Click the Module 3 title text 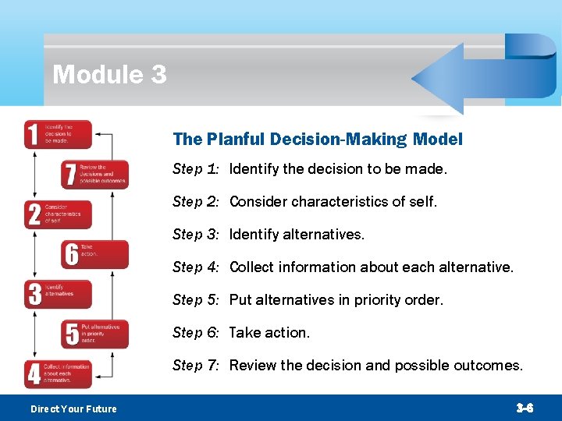(109, 75)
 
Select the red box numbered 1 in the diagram (58, 134)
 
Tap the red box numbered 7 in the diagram (94, 175)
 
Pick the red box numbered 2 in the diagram (58, 214)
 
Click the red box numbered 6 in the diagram (94, 254)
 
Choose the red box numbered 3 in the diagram (58, 294)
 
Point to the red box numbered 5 (94, 334)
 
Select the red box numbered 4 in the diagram (58, 373)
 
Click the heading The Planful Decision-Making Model (318, 140)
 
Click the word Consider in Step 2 (258, 202)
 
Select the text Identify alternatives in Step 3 (297, 235)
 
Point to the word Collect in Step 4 (253, 267)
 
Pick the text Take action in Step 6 (269, 333)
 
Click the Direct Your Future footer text (73, 409)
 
